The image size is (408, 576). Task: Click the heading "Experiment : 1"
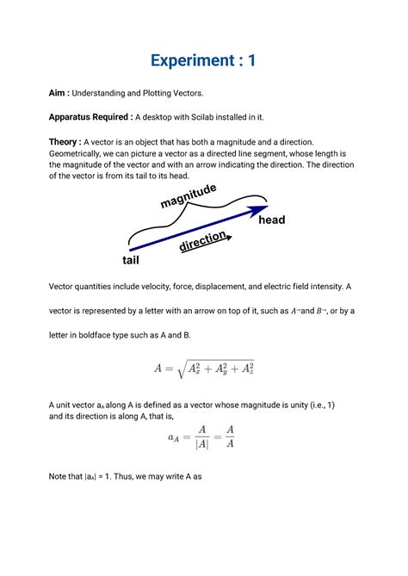coord(203,60)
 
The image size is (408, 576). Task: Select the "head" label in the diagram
coord(271,220)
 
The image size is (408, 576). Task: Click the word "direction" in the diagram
coord(202,240)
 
